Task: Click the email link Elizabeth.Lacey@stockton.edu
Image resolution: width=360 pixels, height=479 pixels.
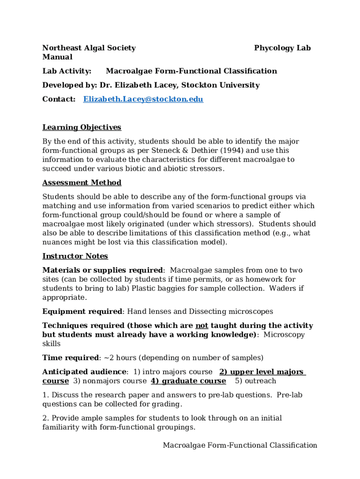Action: pos(143,99)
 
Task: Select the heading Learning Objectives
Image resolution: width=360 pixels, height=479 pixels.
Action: pos(82,127)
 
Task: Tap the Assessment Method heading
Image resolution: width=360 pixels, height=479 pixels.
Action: pos(82,182)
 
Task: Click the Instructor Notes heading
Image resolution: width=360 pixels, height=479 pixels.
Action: pos(75,256)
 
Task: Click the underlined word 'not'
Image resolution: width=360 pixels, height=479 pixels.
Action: pos(202,326)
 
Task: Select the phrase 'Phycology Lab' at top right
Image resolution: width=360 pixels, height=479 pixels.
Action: pos(282,48)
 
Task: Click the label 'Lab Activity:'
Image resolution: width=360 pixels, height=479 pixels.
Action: pos(67,71)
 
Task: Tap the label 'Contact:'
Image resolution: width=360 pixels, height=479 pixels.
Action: pos(59,99)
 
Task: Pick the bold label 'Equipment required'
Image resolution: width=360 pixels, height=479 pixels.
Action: pos(82,312)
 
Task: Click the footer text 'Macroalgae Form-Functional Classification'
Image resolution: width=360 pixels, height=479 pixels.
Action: pos(240,445)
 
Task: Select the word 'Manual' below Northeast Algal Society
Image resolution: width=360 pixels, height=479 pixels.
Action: pos(58,57)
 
